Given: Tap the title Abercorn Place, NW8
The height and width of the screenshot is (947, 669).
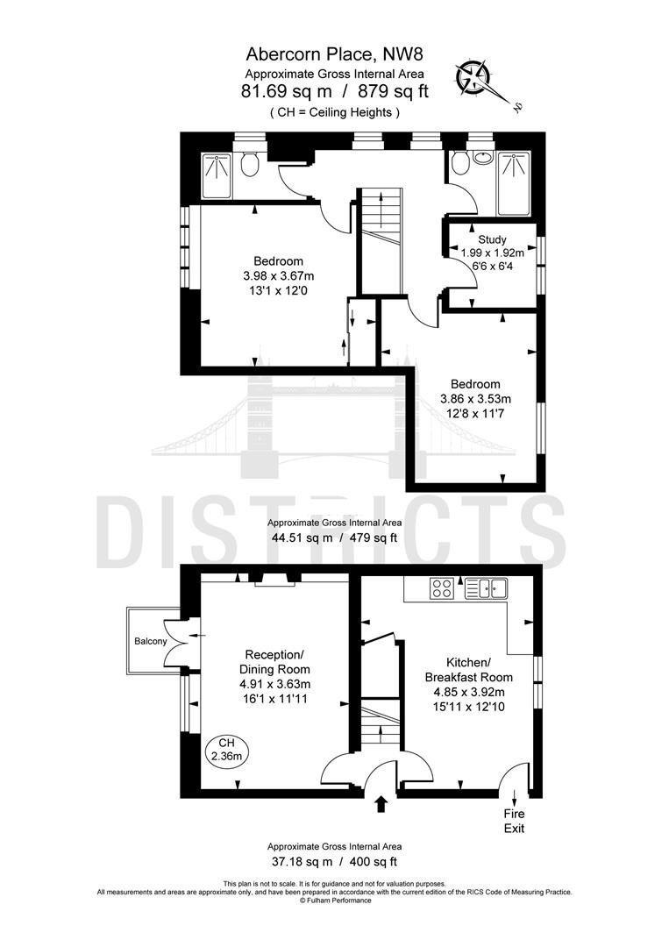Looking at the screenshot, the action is pyautogui.click(x=335, y=54).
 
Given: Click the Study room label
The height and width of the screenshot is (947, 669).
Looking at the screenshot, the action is pyautogui.click(x=492, y=239).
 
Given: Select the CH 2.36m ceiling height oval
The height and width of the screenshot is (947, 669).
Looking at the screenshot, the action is pyautogui.click(x=226, y=750).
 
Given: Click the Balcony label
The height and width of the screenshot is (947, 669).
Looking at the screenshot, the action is pyautogui.click(x=150, y=641).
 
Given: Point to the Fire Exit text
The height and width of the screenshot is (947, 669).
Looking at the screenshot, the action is pyautogui.click(x=515, y=822).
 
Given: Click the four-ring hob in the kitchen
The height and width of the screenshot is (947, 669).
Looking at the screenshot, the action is pyautogui.click(x=442, y=588).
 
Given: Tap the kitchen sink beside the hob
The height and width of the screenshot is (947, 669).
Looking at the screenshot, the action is pyautogui.click(x=486, y=588).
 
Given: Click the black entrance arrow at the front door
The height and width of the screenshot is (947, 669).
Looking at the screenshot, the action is pyautogui.click(x=381, y=804).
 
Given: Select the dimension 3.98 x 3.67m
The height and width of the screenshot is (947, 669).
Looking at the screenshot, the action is pyautogui.click(x=278, y=276).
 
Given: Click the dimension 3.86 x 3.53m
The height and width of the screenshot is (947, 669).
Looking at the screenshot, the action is pyautogui.click(x=476, y=399).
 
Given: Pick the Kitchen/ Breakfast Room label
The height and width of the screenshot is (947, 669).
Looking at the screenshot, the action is pyautogui.click(x=468, y=669).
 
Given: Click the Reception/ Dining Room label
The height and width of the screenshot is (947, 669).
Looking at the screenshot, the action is pyautogui.click(x=274, y=662).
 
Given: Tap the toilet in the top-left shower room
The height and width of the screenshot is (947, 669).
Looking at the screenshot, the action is pyautogui.click(x=249, y=163).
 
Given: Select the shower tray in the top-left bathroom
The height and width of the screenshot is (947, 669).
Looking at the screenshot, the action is pyautogui.click(x=217, y=175).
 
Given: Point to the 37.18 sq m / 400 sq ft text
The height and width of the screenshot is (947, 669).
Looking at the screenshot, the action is pyautogui.click(x=332, y=862).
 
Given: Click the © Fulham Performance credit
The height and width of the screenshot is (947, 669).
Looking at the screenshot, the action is pyautogui.click(x=335, y=901).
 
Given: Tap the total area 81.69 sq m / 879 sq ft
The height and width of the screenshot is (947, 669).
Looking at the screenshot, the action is pyautogui.click(x=335, y=92).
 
